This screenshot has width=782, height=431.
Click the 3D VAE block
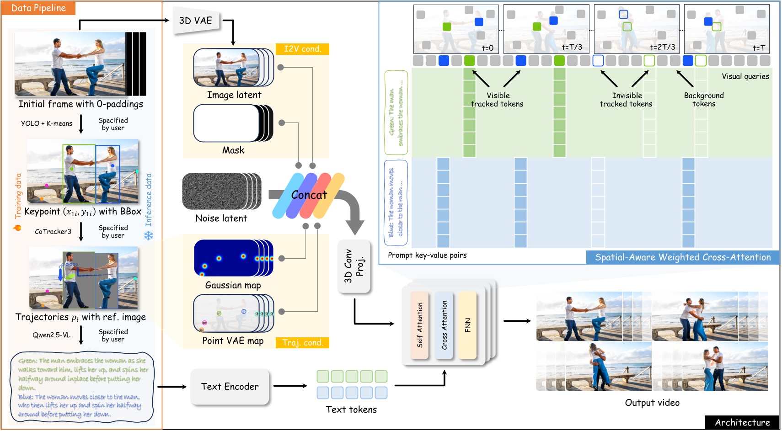pyautogui.click(x=196, y=21)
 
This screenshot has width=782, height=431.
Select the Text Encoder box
pyautogui.click(x=230, y=387)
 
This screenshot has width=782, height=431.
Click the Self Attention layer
pyautogui.click(x=419, y=325)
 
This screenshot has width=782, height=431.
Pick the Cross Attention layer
pyautogui.click(x=444, y=325)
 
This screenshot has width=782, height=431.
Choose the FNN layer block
pyautogui.click(x=467, y=325)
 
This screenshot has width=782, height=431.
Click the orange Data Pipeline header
pyautogui.click(x=38, y=8)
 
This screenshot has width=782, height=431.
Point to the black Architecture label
pyautogui.click(x=742, y=422)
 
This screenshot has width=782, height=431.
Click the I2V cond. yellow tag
pyautogui.click(x=302, y=49)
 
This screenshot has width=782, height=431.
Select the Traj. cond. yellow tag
pyautogui.click(x=302, y=343)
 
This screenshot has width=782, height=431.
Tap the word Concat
pyautogui.click(x=309, y=195)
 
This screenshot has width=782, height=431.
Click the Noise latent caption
pyautogui.click(x=221, y=218)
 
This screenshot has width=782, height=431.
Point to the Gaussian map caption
pyautogui.click(x=233, y=285)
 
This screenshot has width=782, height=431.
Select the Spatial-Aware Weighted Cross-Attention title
pyautogui.click(x=682, y=257)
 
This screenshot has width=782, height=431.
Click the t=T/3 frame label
pyautogui.click(x=572, y=48)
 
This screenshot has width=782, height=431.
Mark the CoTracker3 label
pyautogui.click(x=53, y=232)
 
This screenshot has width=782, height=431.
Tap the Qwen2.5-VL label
pyautogui.click(x=51, y=335)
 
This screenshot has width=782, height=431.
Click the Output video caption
pyautogui.click(x=652, y=403)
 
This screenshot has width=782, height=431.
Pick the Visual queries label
pyautogui.click(x=745, y=76)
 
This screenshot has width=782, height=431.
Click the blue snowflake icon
pyautogui.click(x=149, y=236)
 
